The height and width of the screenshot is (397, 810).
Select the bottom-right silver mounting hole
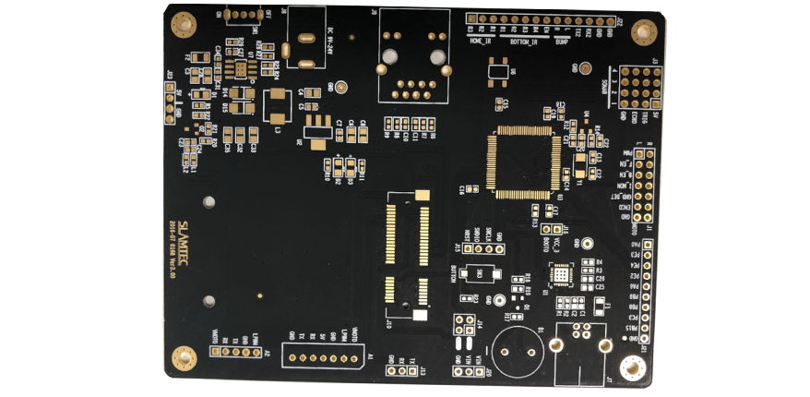(x=632, y=369)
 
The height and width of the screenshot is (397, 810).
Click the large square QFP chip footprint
(x=525, y=161)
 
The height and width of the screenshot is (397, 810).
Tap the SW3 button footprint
(x=480, y=276)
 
